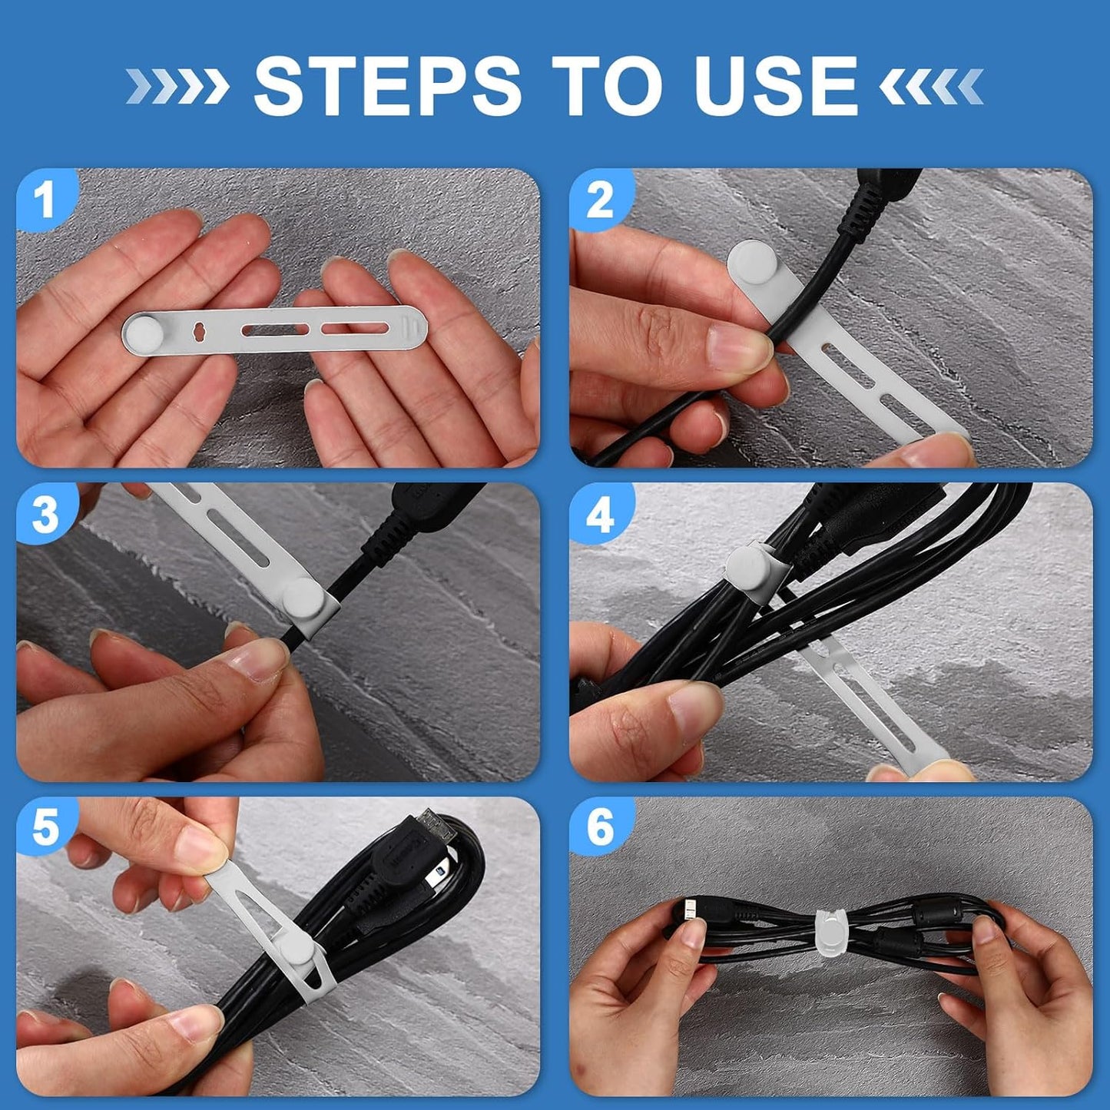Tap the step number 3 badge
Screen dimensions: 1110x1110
click(x=45, y=513)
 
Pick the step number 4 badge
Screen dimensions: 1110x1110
click(x=600, y=513)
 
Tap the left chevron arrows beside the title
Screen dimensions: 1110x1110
click(x=177, y=86)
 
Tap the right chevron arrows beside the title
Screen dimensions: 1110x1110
click(x=931, y=86)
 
